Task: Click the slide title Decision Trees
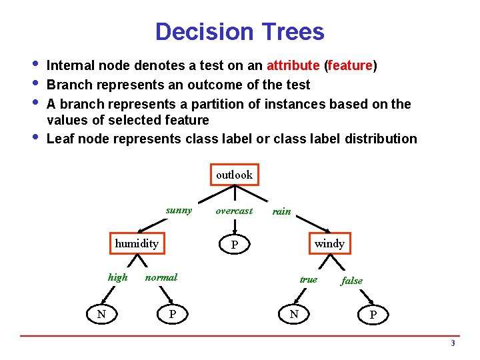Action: click(239, 32)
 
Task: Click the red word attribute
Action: click(293, 65)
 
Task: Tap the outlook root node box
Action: click(234, 175)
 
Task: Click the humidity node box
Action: click(137, 243)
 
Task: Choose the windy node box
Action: click(329, 243)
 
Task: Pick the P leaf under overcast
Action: click(234, 245)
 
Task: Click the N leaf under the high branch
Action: click(101, 313)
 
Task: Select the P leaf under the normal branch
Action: click(172, 313)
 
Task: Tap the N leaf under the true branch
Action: click(294, 313)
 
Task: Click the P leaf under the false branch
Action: click(373, 314)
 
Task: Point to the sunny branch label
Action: click(179, 211)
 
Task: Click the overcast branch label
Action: click(234, 211)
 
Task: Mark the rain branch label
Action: click(282, 211)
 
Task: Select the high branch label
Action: click(117, 277)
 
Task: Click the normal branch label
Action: click(161, 277)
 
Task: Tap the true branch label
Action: click(308, 279)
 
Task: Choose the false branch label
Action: click(351, 281)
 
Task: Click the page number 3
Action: click(453, 344)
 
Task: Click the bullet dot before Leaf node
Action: click(35, 139)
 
